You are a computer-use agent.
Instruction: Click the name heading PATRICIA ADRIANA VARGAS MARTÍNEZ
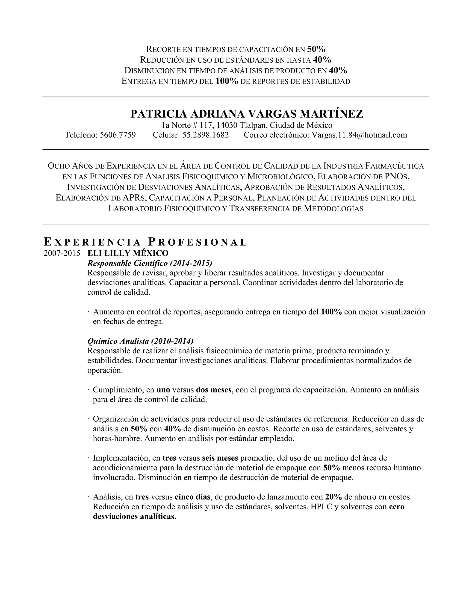click(x=247, y=114)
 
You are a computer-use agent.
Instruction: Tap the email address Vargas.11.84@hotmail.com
click(x=359, y=135)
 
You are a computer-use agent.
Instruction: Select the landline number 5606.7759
click(x=118, y=135)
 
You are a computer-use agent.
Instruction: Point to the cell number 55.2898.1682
click(x=206, y=135)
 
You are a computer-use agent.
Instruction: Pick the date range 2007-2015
click(x=62, y=253)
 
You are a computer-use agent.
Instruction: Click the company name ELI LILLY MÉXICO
click(x=128, y=253)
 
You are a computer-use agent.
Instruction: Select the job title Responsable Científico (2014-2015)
click(x=150, y=263)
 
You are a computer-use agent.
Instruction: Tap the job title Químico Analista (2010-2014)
click(x=140, y=341)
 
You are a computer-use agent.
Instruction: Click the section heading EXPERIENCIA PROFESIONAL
click(x=145, y=242)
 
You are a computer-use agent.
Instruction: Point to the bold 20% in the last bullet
click(x=333, y=497)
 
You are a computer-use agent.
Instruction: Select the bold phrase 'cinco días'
click(x=192, y=497)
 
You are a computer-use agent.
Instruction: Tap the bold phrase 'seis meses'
click(x=220, y=458)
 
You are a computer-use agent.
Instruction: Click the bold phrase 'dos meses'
click(x=214, y=390)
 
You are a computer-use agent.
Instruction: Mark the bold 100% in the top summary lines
click(x=227, y=81)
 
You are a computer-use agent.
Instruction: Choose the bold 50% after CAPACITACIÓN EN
click(x=316, y=49)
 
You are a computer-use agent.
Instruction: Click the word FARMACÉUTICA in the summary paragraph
click(x=395, y=166)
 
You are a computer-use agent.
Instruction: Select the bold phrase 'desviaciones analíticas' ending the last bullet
click(x=134, y=517)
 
